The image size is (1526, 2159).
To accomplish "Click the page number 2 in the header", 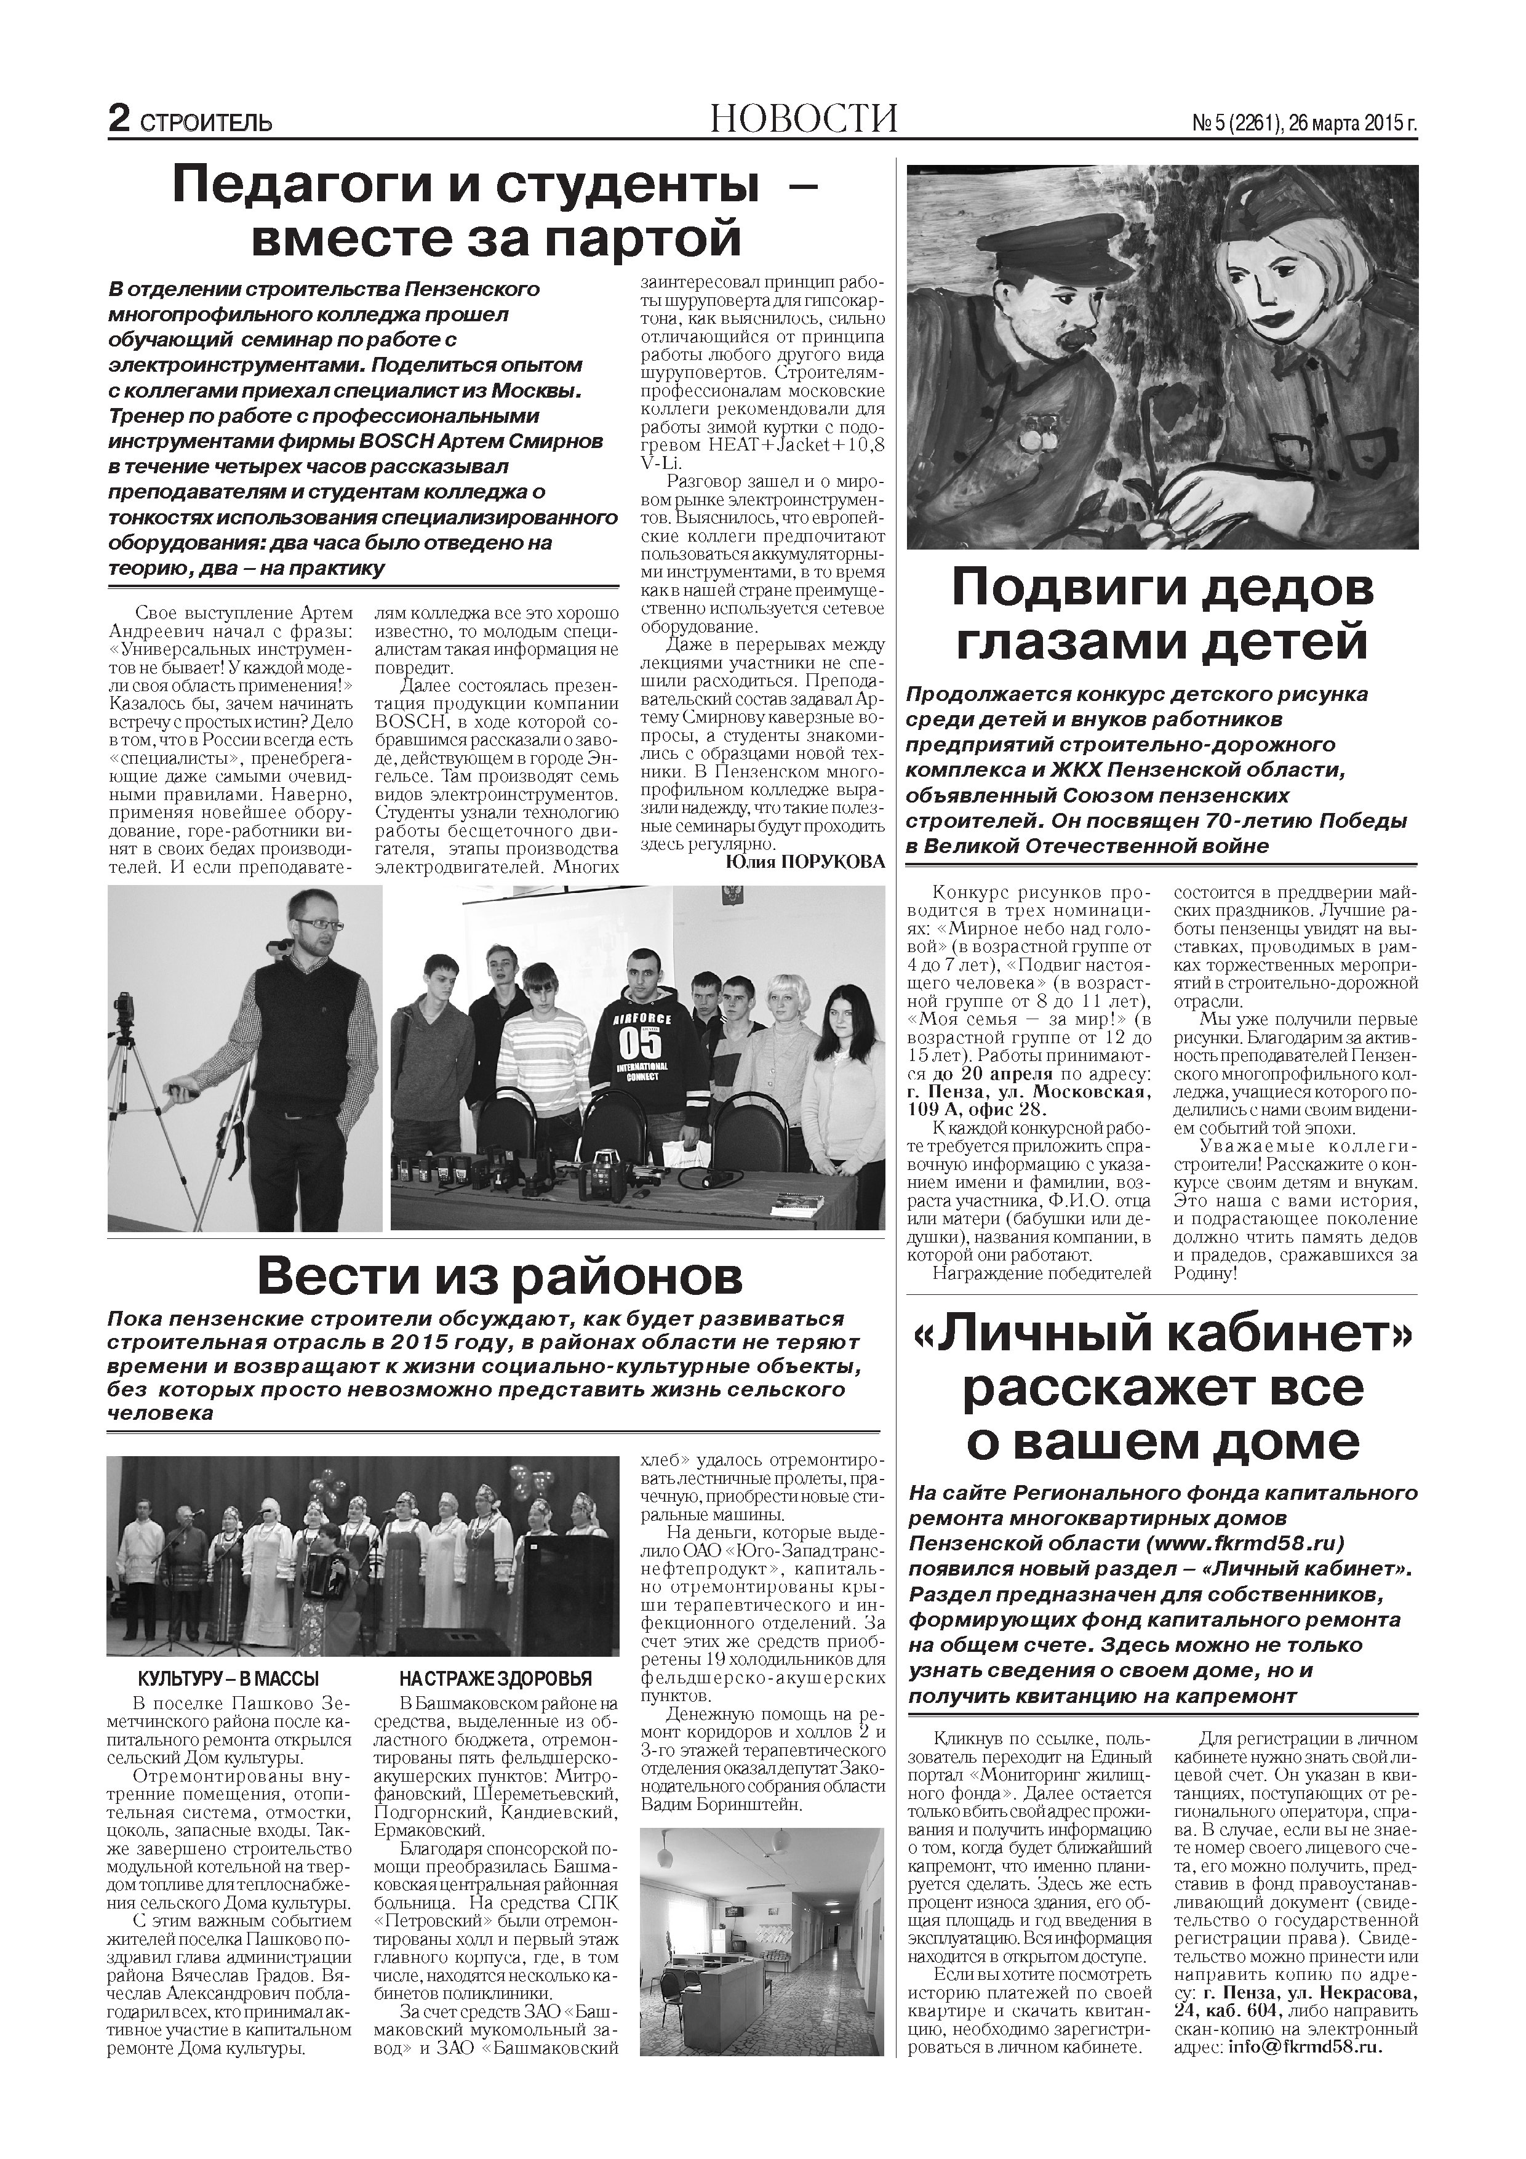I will click(x=119, y=119).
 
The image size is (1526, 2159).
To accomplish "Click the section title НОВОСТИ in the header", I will click(x=804, y=119).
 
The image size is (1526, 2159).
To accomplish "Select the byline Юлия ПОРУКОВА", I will click(x=806, y=862).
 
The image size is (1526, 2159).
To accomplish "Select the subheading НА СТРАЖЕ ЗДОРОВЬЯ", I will click(x=495, y=1678).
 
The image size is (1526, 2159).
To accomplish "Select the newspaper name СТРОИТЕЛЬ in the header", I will click(x=206, y=123).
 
